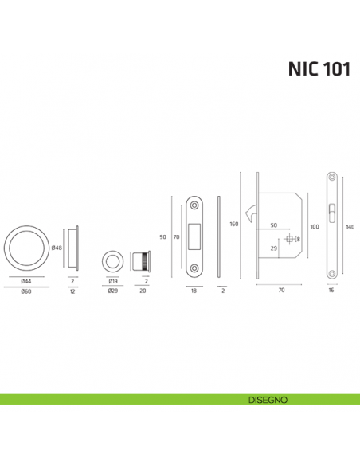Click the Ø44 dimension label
point(25,282)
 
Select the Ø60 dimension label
point(25,291)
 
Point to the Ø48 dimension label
point(57,248)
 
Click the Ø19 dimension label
point(113,282)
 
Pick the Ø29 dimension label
point(113,291)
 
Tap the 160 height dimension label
point(234,225)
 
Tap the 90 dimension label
point(163,236)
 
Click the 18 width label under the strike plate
point(194,291)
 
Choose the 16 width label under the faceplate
point(331,291)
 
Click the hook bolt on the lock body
point(252,213)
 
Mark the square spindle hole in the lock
point(288,239)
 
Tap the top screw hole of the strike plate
point(194,205)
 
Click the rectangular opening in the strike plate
point(194,236)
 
